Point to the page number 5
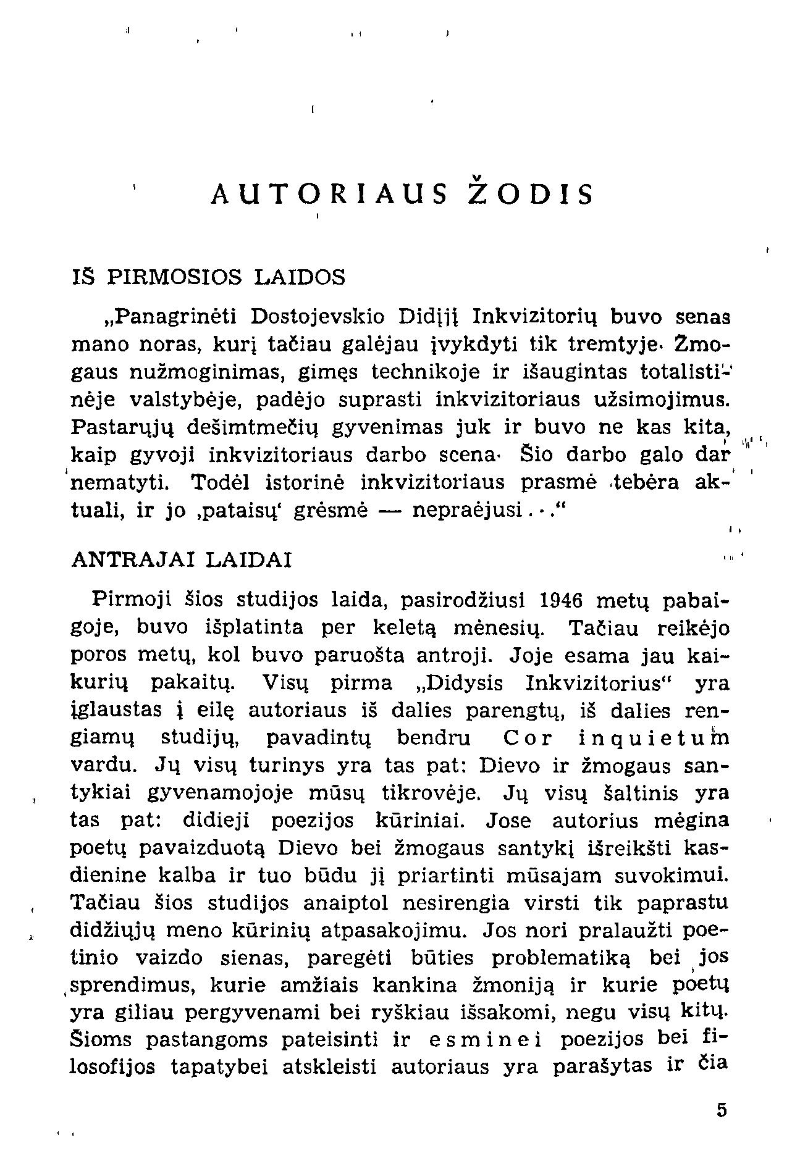click(x=722, y=1110)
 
